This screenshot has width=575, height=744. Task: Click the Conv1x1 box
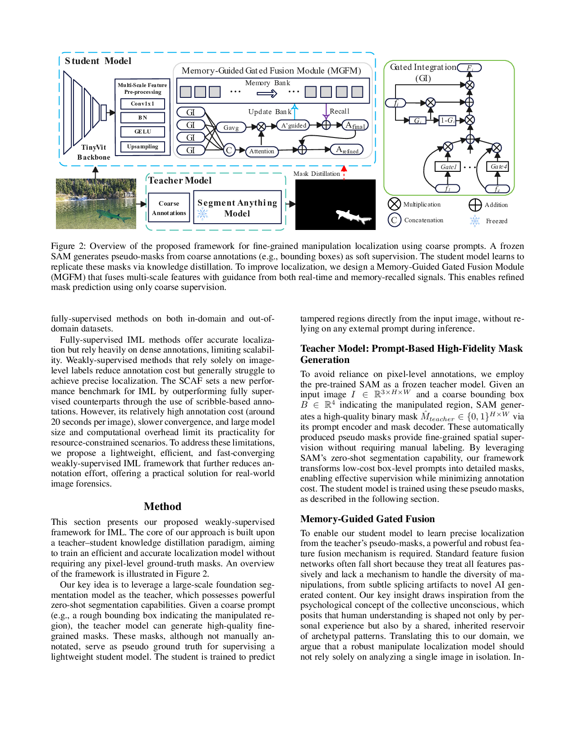pyautogui.click(x=143, y=104)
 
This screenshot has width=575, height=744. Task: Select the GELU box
pyautogui.click(x=143, y=132)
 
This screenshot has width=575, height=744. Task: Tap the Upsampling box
pyautogui.click(x=143, y=147)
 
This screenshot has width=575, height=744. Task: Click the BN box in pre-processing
pyautogui.click(x=143, y=118)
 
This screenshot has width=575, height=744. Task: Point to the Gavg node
pyautogui.click(x=231, y=128)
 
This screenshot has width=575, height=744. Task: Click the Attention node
pyautogui.click(x=262, y=152)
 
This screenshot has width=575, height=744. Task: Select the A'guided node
pyautogui.click(x=294, y=125)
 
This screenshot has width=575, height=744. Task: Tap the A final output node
pyautogui.click(x=355, y=125)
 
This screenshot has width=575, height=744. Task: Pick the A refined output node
pyautogui.click(x=347, y=150)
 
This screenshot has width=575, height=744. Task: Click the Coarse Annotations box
pyautogui.click(x=169, y=208)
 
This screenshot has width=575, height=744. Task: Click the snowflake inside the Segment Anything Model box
pyautogui.click(x=202, y=214)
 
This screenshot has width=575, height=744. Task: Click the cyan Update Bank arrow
pyautogui.click(x=294, y=111)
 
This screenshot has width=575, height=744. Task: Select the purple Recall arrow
pyautogui.click(x=326, y=111)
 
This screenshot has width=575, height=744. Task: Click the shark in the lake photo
pyautogui.click(x=113, y=215)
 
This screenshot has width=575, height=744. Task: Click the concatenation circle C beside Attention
pyautogui.click(x=229, y=150)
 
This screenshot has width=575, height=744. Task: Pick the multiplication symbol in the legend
pyautogui.click(x=394, y=204)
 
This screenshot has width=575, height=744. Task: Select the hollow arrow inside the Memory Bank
pyautogui.click(x=267, y=93)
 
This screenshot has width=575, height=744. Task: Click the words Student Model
pyautogui.click(x=98, y=61)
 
